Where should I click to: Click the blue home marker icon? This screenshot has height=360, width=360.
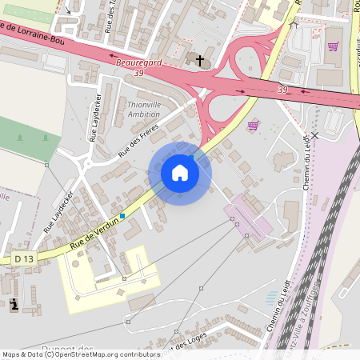click(x=179, y=173)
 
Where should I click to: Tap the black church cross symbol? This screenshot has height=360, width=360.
click(x=200, y=61)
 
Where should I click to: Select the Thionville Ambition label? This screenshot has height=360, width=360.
click(x=143, y=110)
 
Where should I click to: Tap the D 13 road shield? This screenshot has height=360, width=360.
click(x=24, y=258)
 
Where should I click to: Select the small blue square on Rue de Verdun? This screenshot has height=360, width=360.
click(x=123, y=215)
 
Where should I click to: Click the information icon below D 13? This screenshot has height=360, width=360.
click(x=14, y=305)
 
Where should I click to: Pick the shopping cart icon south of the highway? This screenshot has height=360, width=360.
click(x=253, y=126)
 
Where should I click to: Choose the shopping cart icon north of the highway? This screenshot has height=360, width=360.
click(x=332, y=46)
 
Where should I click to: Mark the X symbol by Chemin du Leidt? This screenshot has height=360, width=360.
click(x=314, y=136)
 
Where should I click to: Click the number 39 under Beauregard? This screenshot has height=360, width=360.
click(x=139, y=74)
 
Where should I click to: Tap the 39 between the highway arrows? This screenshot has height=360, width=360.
click(x=282, y=90)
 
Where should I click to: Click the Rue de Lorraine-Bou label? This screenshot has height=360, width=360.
click(x=32, y=33)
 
